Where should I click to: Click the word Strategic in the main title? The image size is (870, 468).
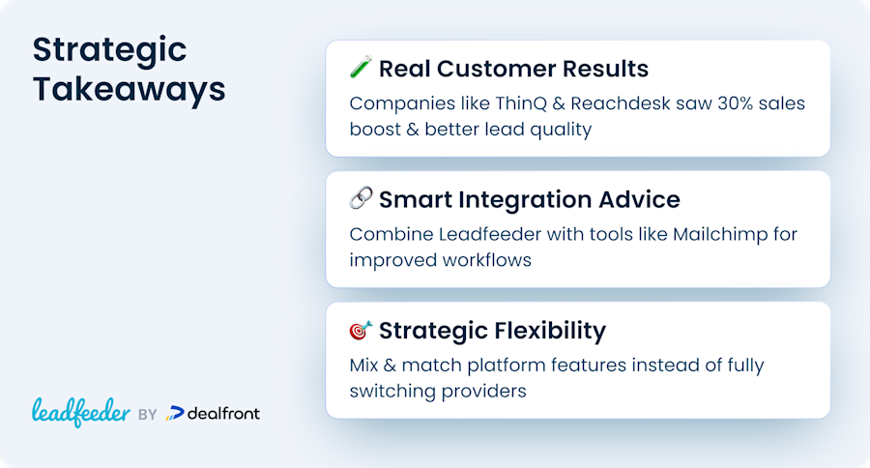109,51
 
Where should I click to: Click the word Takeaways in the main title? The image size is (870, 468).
129,89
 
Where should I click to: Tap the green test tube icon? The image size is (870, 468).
361,68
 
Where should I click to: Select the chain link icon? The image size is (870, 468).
361,198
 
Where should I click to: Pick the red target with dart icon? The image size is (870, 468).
361,330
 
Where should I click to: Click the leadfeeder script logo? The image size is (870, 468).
81,413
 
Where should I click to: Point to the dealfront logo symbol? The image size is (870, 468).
175,414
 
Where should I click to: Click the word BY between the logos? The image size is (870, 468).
148,415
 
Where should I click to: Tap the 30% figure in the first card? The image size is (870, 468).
736,103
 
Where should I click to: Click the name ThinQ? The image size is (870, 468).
521,103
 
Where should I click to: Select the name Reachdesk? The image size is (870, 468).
621,103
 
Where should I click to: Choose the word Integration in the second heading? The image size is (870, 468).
525,200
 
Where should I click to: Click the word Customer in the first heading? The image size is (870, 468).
496,69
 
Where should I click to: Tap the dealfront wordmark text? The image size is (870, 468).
223,414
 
